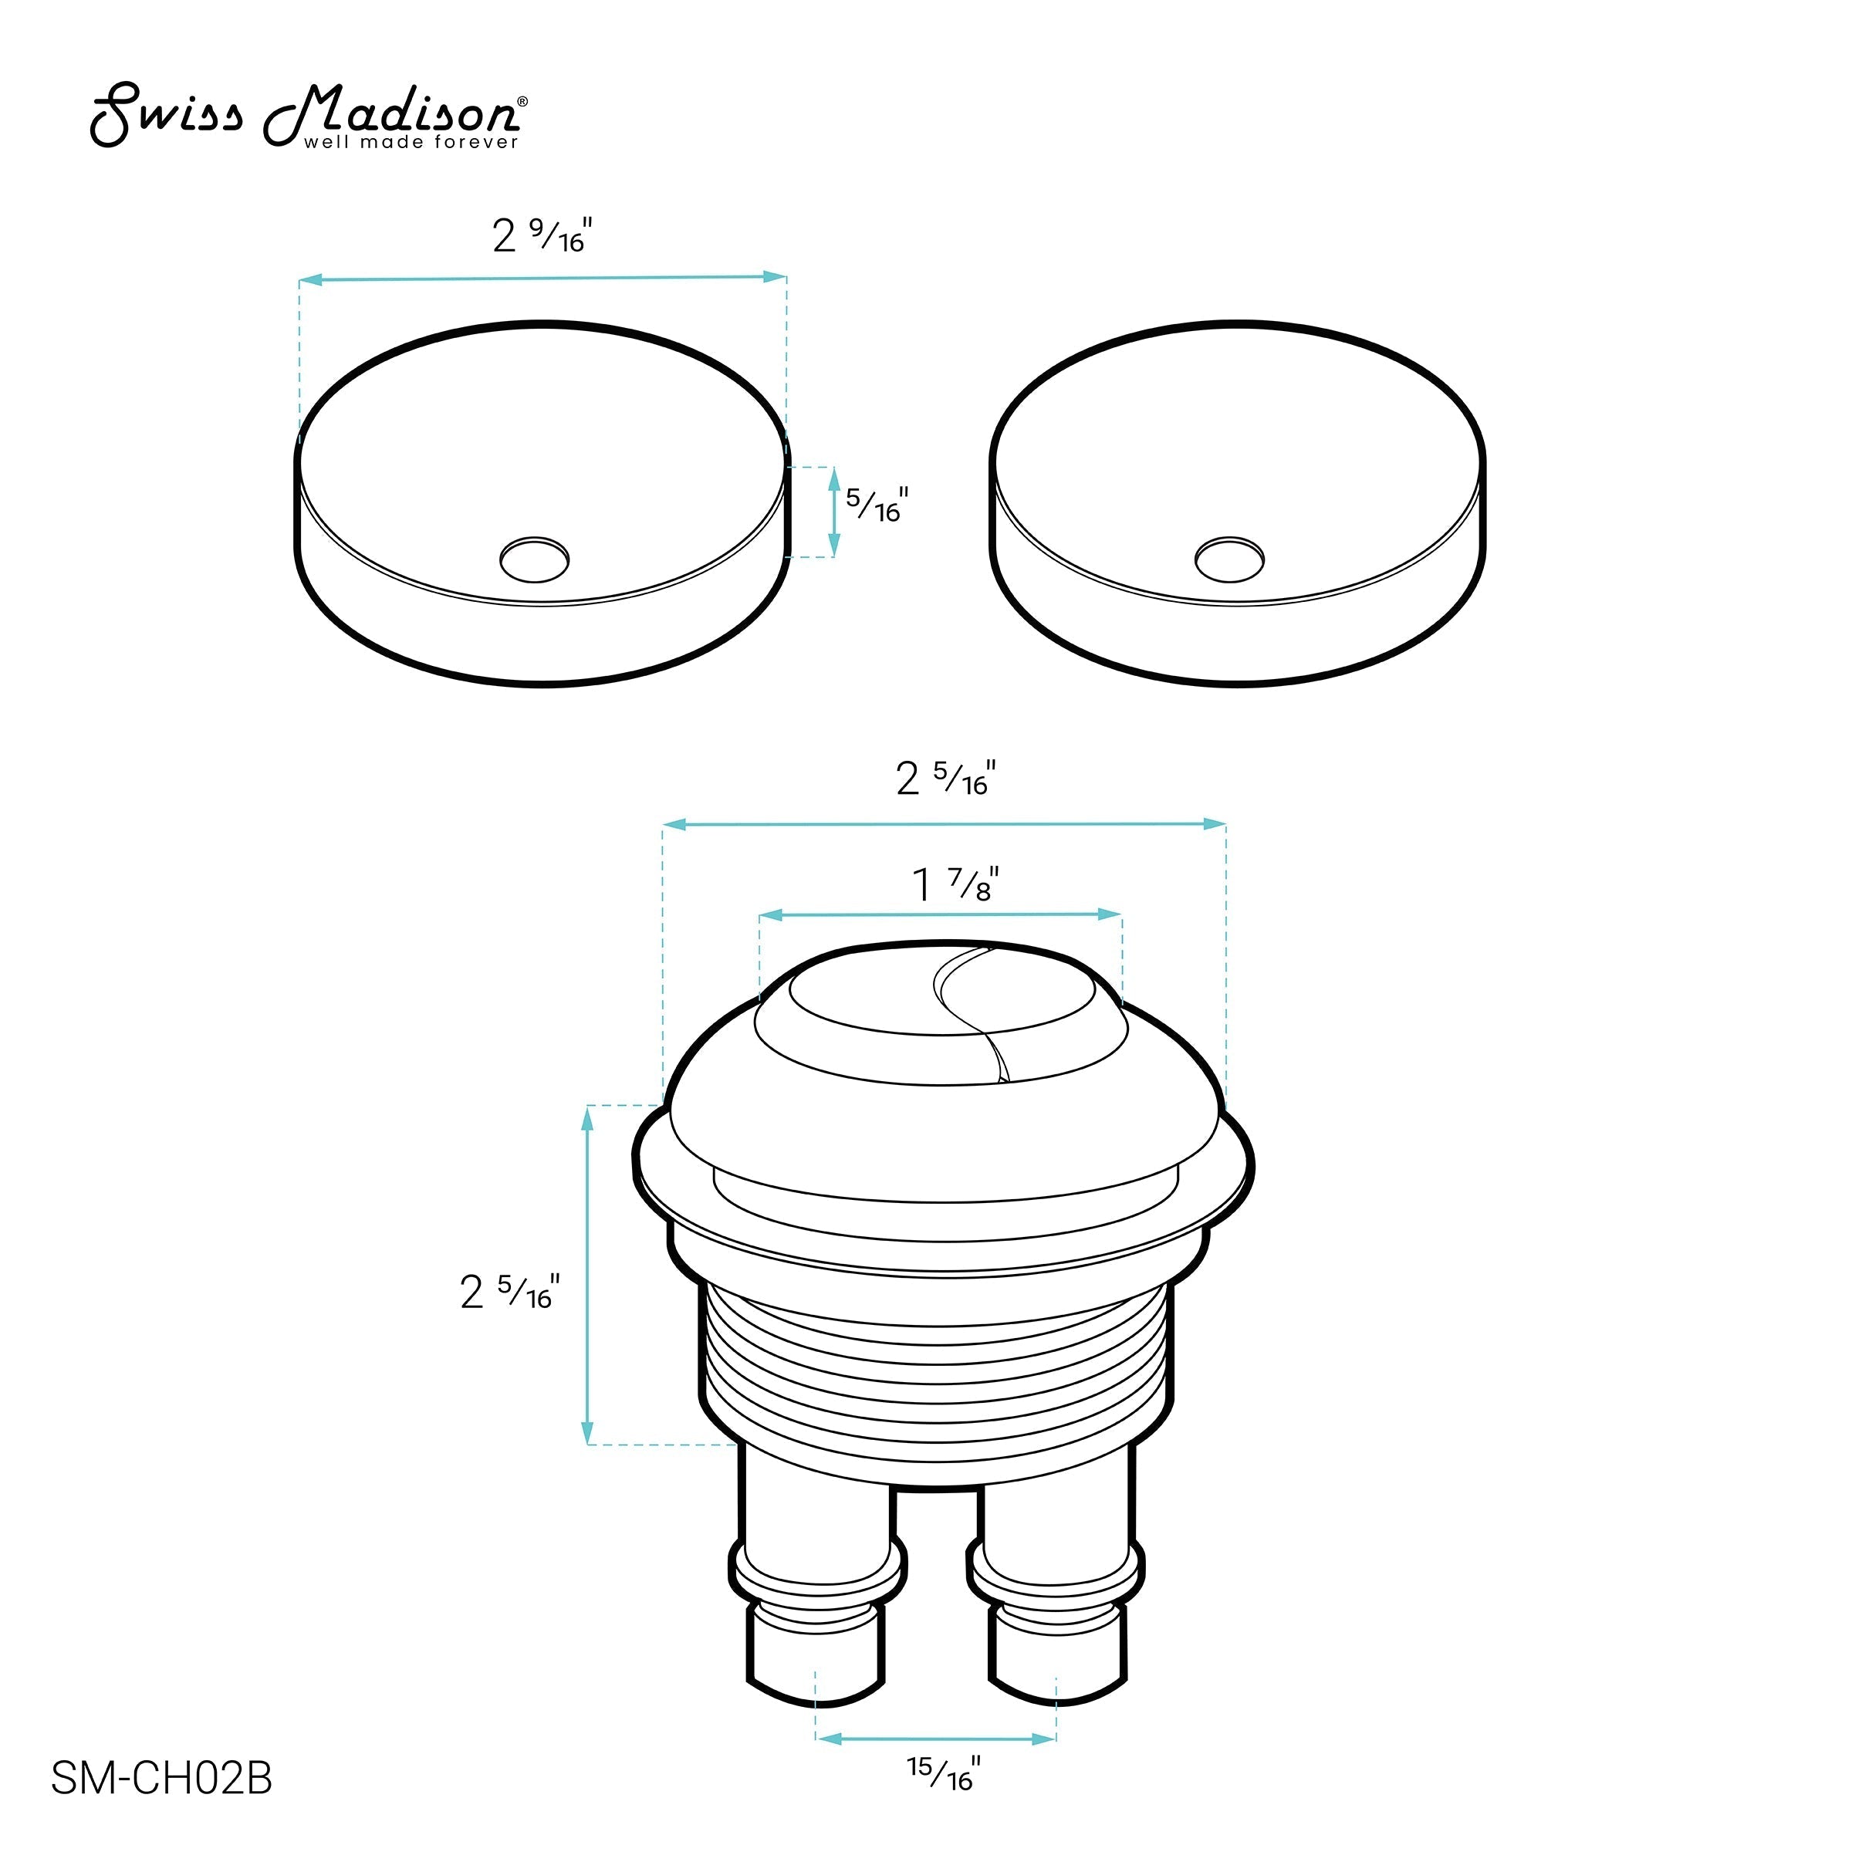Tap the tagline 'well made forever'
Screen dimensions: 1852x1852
point(411,143)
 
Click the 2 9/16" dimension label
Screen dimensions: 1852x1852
point(542,235)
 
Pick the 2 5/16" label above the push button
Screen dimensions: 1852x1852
point(946,779)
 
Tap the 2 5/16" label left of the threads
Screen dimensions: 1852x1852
point(510,1291)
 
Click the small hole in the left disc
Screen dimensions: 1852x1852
point(535,559)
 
